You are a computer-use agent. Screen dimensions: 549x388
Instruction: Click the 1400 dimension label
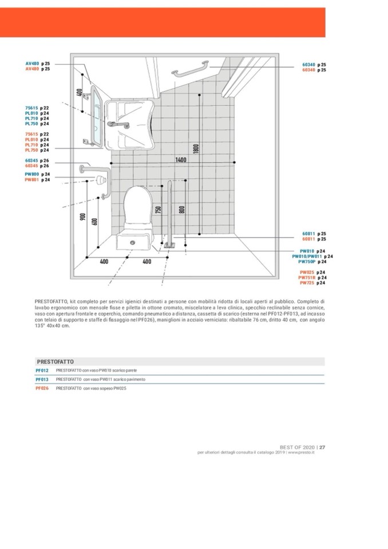coord(181,160)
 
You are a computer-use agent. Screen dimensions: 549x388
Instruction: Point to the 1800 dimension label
coord(196,149)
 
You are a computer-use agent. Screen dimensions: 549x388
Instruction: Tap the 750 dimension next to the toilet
coord(159,210)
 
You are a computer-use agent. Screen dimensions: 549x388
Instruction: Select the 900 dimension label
coord(84,218)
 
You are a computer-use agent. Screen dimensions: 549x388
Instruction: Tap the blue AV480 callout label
coord(32,64)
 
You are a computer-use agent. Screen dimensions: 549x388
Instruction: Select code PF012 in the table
coord(42,370)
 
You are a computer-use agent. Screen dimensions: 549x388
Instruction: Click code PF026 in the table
coord(42,388)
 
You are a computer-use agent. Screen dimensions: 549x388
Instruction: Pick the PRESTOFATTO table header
coord(56,362)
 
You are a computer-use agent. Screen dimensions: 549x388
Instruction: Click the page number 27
coord(322,447)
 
